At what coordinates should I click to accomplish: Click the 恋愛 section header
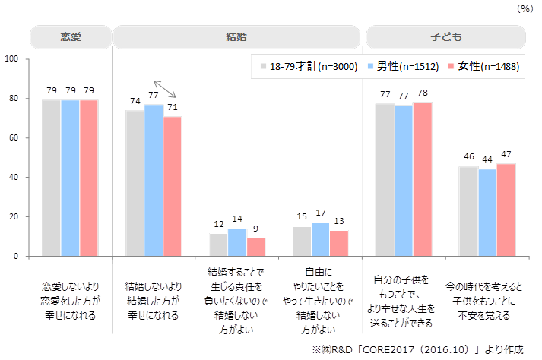pos(70,36)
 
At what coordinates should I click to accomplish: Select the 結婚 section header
pos(236,36)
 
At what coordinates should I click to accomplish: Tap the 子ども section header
pos(446,36)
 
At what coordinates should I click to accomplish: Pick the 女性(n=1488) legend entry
pos(483,67)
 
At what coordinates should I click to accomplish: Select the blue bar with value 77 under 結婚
pos(154,180)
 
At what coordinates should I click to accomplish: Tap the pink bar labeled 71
pos(173,186)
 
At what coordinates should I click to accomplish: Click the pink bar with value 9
pos(256,248)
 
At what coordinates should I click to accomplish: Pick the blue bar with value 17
pos(321,239)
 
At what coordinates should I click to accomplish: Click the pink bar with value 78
pos(422,179)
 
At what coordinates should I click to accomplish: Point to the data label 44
pos(487,159)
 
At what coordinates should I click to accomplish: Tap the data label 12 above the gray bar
pos(218,224)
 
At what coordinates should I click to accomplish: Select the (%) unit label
pos(525,9)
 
